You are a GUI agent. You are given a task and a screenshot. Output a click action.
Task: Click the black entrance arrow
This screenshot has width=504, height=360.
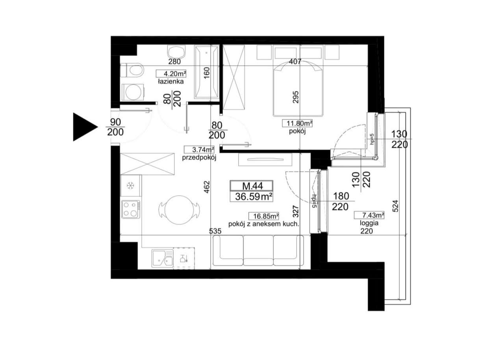click(83, 127)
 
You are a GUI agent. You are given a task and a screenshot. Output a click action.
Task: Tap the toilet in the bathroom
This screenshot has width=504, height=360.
click(132, 71)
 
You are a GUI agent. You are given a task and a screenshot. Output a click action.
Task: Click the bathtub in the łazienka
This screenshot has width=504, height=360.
click(206, 72)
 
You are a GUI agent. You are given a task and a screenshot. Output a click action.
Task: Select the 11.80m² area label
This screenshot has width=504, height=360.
click(297, 123)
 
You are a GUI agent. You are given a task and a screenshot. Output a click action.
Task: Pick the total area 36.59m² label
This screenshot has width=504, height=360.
click(252, 197)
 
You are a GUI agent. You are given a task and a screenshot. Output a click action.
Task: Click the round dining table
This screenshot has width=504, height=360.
click(179, 207)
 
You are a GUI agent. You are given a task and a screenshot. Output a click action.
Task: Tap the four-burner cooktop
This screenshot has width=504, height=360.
click(131, 209)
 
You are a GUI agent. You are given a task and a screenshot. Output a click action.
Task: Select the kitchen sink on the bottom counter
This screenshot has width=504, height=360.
click(163, 258)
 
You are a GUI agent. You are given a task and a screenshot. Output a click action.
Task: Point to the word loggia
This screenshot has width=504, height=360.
click(369, 223)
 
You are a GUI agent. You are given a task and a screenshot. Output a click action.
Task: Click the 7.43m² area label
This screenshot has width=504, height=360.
click(369, 215)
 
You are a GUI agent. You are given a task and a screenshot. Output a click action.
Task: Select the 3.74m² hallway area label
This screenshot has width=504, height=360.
click(199, 150)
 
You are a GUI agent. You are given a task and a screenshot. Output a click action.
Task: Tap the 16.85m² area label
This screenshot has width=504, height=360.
click(264, 216)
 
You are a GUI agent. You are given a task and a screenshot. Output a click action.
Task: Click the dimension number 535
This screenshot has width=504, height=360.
click(217, 231)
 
